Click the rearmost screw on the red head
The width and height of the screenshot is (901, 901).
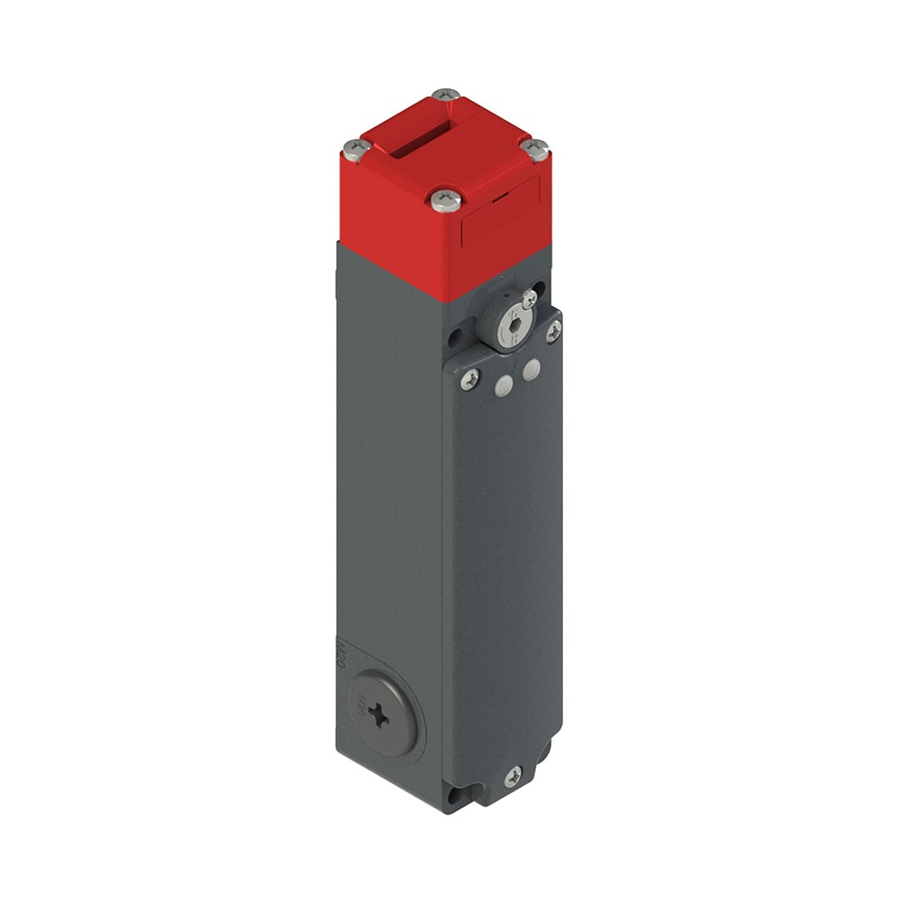coord(445,94)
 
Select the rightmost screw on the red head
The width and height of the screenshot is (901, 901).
coord(535,149)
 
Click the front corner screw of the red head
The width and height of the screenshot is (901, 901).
coord(445,199)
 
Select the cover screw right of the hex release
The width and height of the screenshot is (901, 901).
coord(553,332)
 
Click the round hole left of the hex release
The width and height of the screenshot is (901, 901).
coord(455,338)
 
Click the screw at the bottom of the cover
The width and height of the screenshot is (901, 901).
coord(514,776)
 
